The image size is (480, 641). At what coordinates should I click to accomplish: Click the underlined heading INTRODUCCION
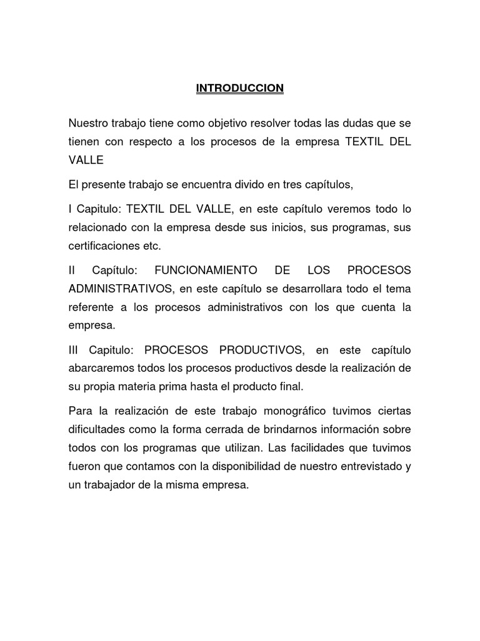tap(240, 88)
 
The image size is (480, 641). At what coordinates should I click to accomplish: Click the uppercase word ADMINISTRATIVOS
tap(120, 289)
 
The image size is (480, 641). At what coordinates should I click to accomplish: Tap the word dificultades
tap(96, 429)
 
